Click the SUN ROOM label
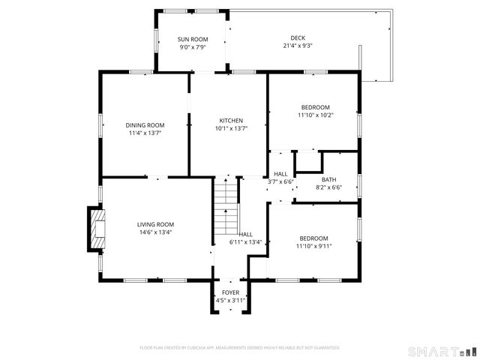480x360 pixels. pos(193,39)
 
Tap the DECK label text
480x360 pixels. pos(298,38)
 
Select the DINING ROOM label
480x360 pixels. pos(145,125)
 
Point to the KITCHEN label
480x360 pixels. pos(231,121)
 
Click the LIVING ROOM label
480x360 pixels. pos(155,224)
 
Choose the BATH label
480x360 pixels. pos(328,180)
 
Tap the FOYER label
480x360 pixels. pos(230,292)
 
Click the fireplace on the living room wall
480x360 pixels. pos(95,229)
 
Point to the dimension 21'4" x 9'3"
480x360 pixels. pos(298,46)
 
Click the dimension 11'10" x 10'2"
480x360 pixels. pos(314,115)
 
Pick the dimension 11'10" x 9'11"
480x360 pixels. pos(313,245)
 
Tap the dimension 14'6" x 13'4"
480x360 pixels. pos(155,232)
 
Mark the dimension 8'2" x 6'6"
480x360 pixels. pos(328,187)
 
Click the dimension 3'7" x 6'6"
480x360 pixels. pos(280,181)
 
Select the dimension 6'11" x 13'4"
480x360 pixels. pos(245,241)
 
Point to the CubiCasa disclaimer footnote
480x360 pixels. pos(240,348)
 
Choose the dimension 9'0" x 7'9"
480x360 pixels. pos(193,46)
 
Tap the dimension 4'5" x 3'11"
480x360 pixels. pos(230,300)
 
